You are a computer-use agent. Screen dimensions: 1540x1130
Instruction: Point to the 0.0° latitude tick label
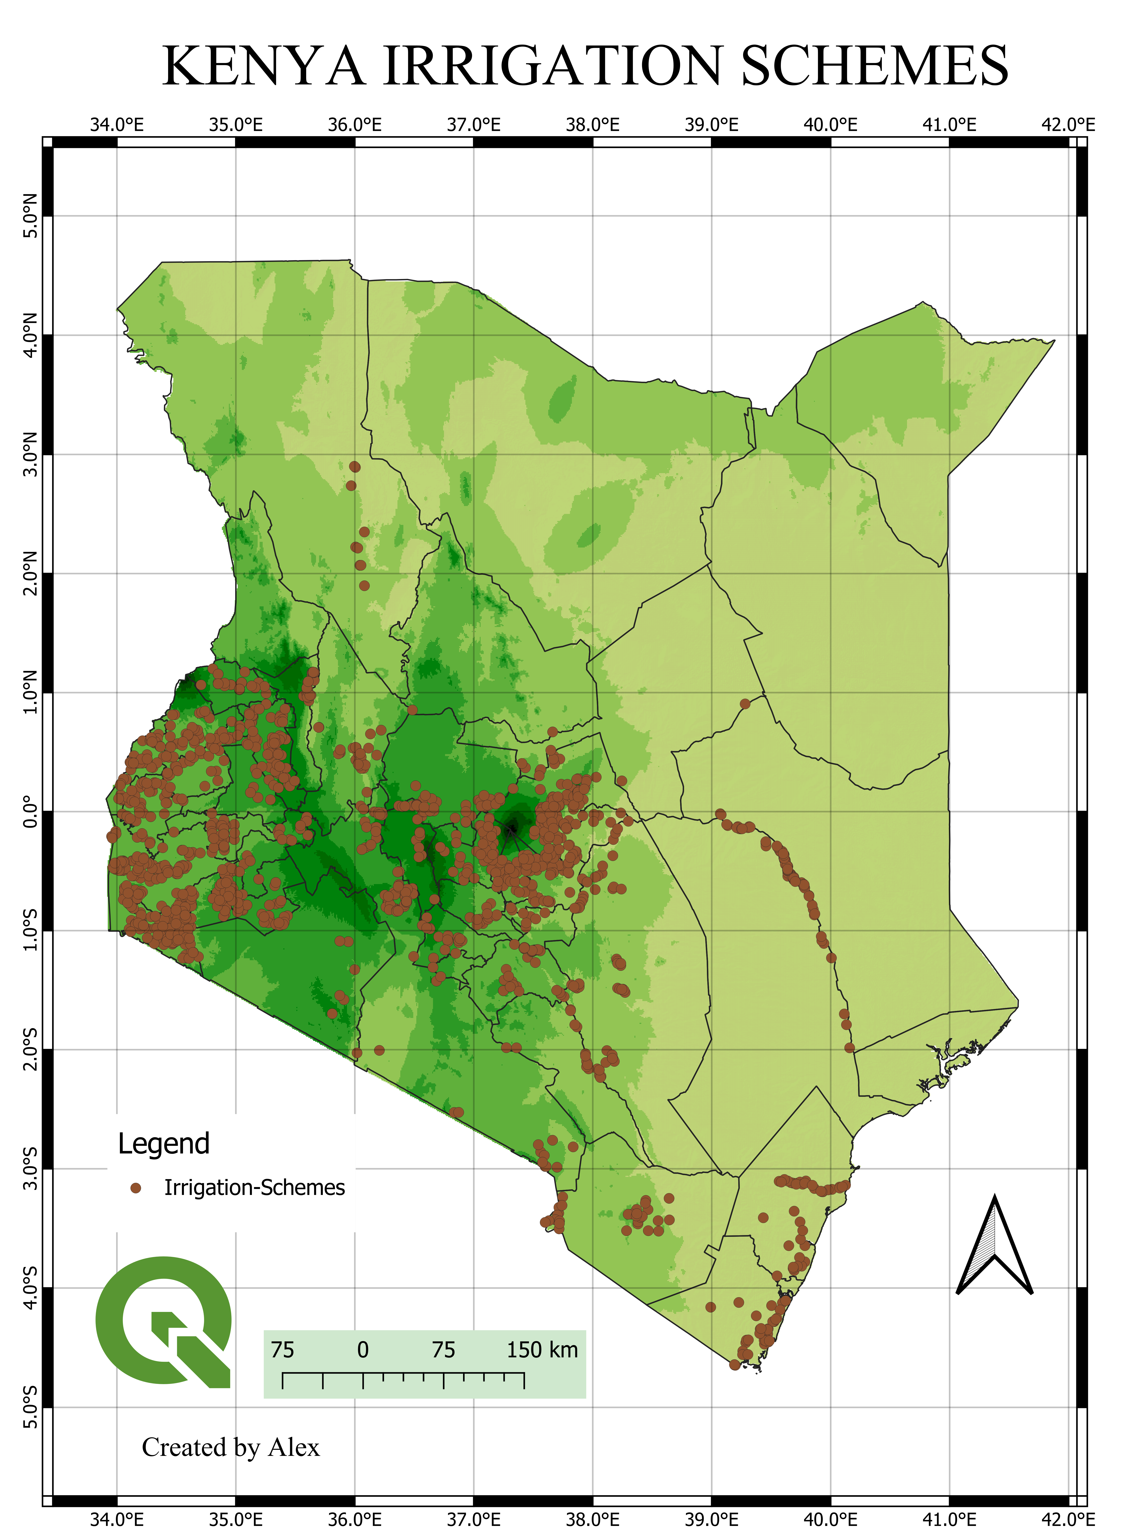[x=30, y=812]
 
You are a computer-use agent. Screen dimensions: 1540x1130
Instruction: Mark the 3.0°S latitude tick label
[x=30, y=1169]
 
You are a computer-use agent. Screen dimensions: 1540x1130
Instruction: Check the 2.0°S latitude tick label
[x=30, y=1050]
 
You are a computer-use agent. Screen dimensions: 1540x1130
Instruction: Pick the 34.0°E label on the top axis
[x=117, y=125]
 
